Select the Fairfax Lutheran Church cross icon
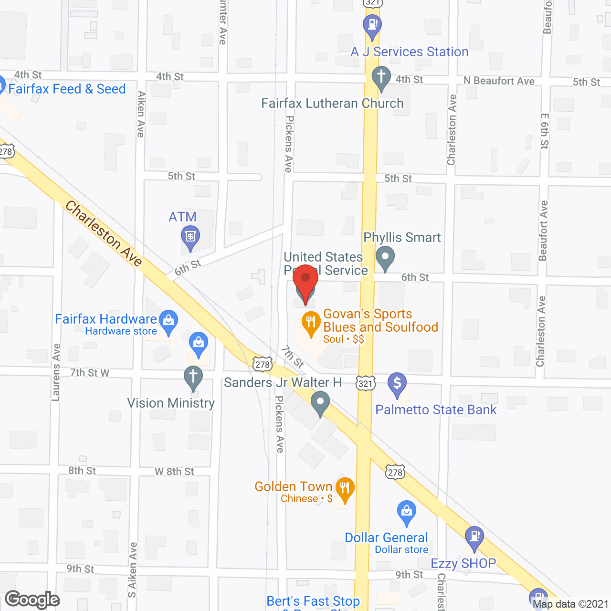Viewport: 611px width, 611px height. pyautogui.click(x=381, y=78)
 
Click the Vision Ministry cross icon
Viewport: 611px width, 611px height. pyautogui.click(x=193, y=377)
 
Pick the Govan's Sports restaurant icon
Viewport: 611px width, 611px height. pyautogui.click(x=311, y=323)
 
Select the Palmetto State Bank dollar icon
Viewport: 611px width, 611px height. pyautogui.click(x=397, y=383)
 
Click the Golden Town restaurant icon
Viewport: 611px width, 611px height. pyautogui.click(x=345, y=488)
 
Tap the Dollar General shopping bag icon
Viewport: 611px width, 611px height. pyautogui.click(x=406, y=511)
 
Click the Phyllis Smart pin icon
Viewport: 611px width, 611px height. pyautogui.click(x=385, y=257)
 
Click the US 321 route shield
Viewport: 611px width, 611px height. pyautogui.click(x=365, y=383)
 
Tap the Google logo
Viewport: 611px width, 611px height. pyautogui.click(x=32, y=600)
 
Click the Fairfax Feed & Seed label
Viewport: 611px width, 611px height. pyautogui.click(x=67, y=89)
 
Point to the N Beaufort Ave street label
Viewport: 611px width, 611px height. pyautogui.click(x=499, y=81)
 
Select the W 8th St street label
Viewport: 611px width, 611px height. pyautogui.click(x=174, y=472)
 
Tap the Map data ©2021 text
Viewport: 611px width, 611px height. pyautogui.click(x=570, y=604)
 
